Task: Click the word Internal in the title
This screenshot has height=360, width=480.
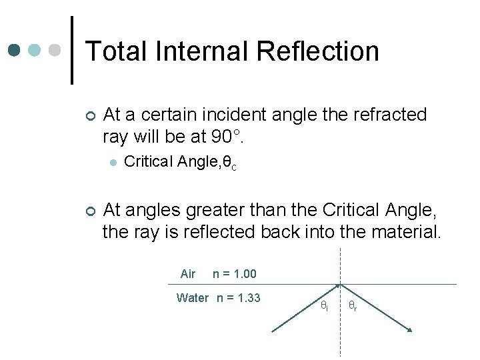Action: [x=196, y=51]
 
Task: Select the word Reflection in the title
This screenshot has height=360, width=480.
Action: [x=317, y=51]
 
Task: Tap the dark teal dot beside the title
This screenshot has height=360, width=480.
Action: [x=15, y=50]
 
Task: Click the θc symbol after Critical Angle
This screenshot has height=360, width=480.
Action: [x=229, y=163]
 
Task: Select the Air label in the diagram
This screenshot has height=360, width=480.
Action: [x=188, y=274]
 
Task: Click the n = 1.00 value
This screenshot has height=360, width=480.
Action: [x=234, y=274]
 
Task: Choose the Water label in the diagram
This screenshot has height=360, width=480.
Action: [x=193, y=298]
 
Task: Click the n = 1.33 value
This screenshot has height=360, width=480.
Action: [x=239, y=298]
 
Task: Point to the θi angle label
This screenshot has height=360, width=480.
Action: [x=324, y=307]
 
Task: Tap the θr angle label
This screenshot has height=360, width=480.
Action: [x=353, y=307]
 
